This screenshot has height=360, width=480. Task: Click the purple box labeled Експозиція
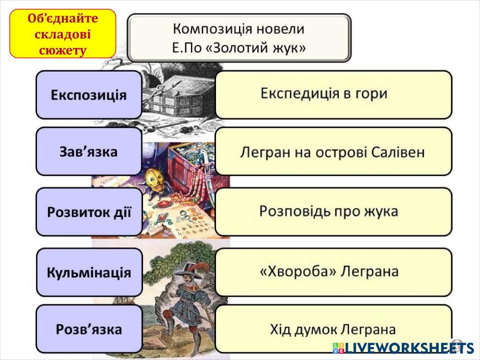coord(89,95)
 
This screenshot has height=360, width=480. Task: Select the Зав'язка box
coord(89,152)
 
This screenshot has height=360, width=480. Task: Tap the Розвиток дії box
coord(89,212)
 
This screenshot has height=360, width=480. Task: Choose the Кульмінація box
coord(89,273)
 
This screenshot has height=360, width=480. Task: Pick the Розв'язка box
coord(89,329)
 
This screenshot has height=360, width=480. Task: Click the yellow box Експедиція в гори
coord(333,94)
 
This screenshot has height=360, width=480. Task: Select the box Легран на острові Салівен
coord(333,152)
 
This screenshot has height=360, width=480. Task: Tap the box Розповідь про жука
coord(333,211)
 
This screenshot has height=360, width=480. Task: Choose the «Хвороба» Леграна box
coord(333,272)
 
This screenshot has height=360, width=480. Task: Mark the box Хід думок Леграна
coord(333,330)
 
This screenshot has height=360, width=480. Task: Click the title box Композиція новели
coord(239,37)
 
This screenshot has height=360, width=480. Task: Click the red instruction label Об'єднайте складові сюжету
coord(63,34)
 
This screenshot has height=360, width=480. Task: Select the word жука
coord(382,211)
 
